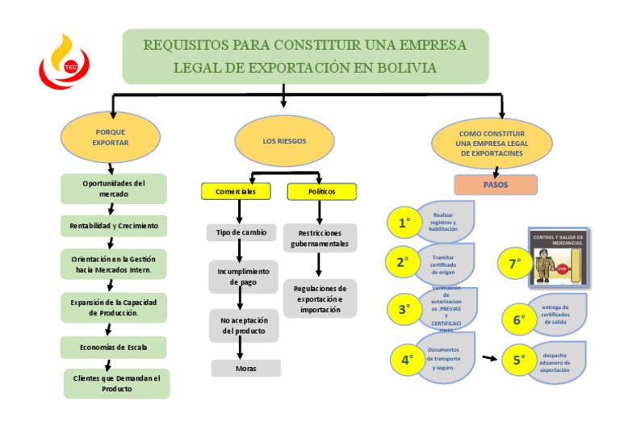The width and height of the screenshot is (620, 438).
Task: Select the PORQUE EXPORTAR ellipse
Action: (111, 136)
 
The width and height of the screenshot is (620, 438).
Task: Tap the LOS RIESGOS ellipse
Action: (284, 140)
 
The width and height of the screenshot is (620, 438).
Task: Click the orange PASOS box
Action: (495, 185)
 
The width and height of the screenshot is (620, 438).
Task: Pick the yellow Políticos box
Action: (321, 191)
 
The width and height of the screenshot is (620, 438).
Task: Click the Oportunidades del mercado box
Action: (113, 189)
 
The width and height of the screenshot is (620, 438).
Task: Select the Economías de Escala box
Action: (113, 347)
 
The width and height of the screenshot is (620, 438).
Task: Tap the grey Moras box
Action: (245, 368)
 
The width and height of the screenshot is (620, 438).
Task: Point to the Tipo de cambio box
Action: (240, 232)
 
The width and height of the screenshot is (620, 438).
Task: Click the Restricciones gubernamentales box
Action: (320, 238)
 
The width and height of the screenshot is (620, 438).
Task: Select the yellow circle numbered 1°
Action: (405, 223)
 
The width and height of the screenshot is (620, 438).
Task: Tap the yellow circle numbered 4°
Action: (407, 361)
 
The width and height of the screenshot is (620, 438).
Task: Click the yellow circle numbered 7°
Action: (513, 263)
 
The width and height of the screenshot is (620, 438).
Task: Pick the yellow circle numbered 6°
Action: (518, 319)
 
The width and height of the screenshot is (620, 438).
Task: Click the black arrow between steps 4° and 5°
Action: (488, 357)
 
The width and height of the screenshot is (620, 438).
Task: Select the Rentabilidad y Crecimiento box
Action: (113, 225)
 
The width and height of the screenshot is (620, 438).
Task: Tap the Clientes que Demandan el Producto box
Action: (117, 383)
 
